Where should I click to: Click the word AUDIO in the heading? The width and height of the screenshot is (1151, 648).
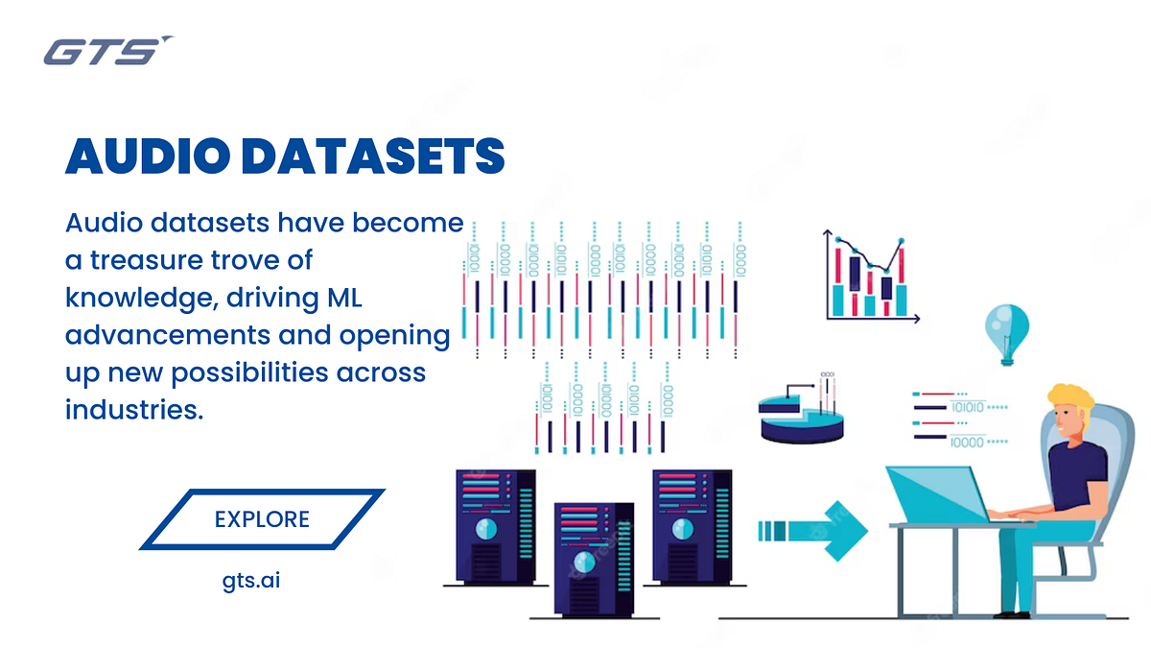154,156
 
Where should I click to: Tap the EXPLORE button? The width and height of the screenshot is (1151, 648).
262,519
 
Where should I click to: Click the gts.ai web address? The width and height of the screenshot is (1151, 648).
250,581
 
